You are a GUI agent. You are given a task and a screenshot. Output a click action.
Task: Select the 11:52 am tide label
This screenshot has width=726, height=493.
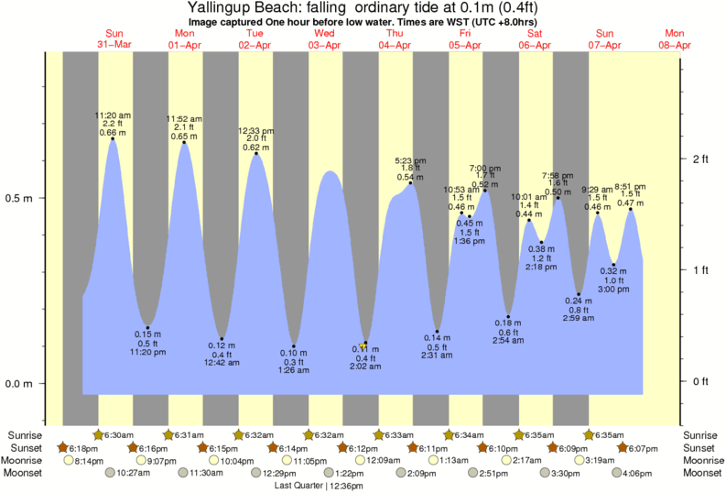(183, 118)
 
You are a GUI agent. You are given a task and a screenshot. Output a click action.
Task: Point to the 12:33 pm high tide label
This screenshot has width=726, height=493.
(255, 131)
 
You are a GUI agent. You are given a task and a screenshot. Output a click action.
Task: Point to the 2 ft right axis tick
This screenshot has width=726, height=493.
(700, 159)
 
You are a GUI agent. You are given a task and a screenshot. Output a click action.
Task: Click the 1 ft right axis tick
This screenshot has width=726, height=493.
(700, 270)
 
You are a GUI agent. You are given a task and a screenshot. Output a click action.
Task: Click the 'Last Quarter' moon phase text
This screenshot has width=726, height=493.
(298, 487)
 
